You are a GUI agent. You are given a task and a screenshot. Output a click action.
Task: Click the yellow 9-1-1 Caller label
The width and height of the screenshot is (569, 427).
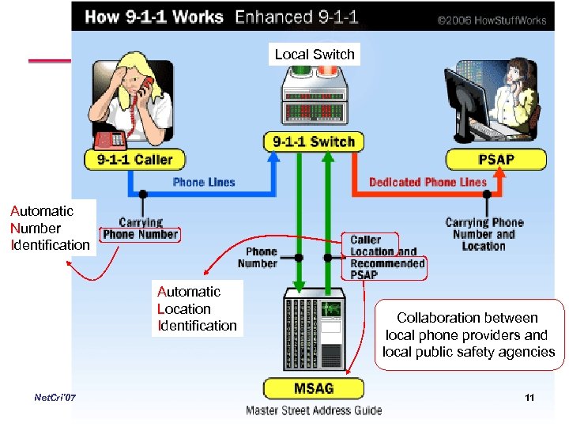(134, 159)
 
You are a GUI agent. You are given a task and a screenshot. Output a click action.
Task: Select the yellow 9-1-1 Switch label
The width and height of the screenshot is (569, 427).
(314, 142)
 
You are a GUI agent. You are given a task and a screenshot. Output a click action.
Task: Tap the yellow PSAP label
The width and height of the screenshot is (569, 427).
(496, 159)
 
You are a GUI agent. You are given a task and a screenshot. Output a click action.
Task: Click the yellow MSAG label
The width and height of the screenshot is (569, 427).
(314, 389)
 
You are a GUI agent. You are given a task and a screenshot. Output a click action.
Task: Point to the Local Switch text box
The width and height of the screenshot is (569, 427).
(315, 55)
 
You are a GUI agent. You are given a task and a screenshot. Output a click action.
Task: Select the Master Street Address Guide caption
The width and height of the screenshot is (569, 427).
(314, 410)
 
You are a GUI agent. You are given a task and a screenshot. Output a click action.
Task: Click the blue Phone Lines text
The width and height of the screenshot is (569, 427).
(204, 182)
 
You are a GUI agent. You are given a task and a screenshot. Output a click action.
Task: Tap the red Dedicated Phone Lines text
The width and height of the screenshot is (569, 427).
(428, 182)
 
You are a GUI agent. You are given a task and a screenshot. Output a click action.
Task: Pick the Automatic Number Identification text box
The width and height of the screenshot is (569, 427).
(50, 228)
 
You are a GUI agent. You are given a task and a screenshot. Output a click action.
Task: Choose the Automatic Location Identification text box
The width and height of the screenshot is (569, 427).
(197, 308)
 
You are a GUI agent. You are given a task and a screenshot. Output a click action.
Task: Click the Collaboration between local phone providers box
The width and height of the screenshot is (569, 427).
(468, 334)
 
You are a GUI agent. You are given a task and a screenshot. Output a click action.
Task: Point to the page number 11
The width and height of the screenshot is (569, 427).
(529, 397)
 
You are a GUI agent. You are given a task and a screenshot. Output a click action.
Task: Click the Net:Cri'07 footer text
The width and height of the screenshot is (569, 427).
(55, 397)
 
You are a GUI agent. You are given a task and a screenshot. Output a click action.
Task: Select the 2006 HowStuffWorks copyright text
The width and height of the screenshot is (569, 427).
(492, 20)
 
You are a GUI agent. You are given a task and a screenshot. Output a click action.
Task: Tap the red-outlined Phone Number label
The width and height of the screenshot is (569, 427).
(141, 234)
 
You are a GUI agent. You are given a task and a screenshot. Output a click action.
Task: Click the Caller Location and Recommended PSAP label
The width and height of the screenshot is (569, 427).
(387, 257)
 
